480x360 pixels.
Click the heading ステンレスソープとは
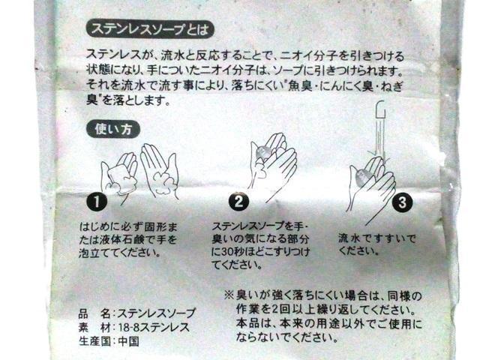click(x=149, y=30)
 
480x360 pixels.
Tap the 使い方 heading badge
click(x=113, y=130)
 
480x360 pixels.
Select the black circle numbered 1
click(x=97, y=202)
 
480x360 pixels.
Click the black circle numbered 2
click(x=238, y=202)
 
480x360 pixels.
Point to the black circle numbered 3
click(x=402, y=202)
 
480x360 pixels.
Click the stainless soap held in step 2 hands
click(x=262, y=153)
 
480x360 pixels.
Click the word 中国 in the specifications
click(x=129, y=341)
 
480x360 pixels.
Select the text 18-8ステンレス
click(x=154, y=327)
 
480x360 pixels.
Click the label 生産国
click(x=94, y=341)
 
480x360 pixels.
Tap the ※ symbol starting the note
click(x=229, y=295)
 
